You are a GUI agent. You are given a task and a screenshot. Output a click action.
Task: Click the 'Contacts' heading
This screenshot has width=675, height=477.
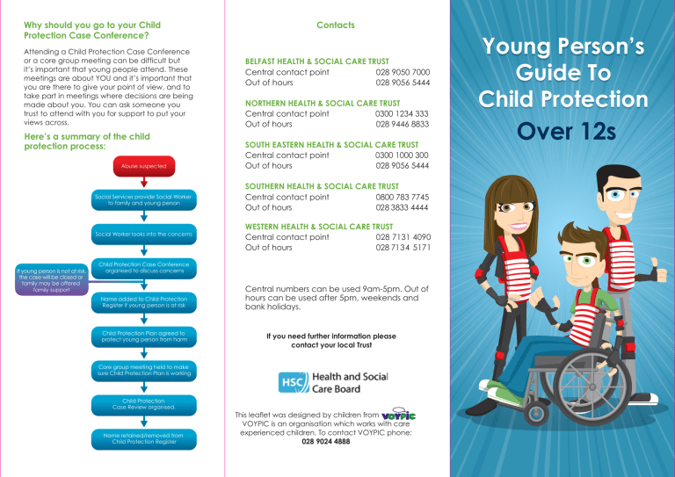pos(337,25)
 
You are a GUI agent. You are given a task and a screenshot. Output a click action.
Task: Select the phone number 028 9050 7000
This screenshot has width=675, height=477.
pos(402,73)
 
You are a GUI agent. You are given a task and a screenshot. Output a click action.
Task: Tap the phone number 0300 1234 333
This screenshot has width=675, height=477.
pos(402,113)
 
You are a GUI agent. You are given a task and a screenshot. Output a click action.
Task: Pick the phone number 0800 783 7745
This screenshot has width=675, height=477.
pos(402,198)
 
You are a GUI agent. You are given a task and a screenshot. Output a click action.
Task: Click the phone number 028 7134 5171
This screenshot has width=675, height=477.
pos(402,248)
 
